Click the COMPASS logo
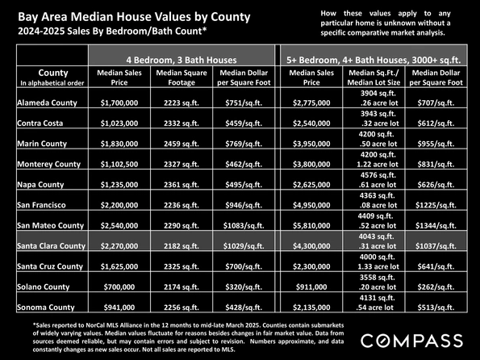coord(411,341)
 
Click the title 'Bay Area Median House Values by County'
coord(134,17)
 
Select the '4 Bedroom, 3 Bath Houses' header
coord(182,60)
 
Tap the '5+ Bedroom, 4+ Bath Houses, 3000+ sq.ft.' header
coord(374,60)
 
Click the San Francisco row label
coord(41,205)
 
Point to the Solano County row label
coord(44,287)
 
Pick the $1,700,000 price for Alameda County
coord(119,103)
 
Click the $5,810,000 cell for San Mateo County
coord(311,226)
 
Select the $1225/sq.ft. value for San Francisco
coord(436,205)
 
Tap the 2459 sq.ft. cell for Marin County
coord(182,144)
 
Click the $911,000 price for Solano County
coord(311,287)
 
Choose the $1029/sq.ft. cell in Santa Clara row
coord(244,246)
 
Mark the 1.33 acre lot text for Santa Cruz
coord(378,266)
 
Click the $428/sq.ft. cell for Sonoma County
coord(244,308)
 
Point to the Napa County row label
coord(40,185)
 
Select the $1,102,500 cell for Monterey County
coord(119,164)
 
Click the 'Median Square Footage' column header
coord(182,77)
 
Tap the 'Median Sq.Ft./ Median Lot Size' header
coord(374,77)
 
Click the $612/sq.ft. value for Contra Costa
coord(436,123)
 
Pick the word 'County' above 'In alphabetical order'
coord(53,73)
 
